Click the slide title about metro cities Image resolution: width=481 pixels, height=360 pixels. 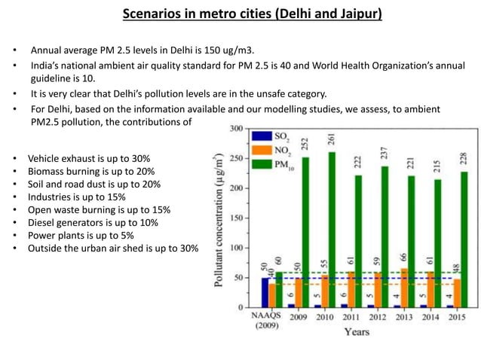click(240, 14)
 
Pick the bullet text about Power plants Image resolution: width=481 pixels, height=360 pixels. click(86, 236)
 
